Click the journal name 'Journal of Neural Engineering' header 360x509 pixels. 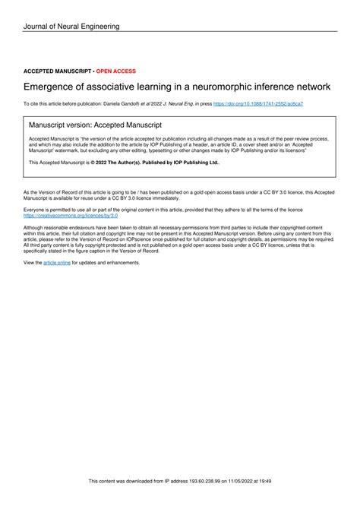(71, 27)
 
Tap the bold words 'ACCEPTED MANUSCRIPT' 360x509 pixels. (57, 71)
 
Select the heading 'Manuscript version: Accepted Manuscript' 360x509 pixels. (95, 124)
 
